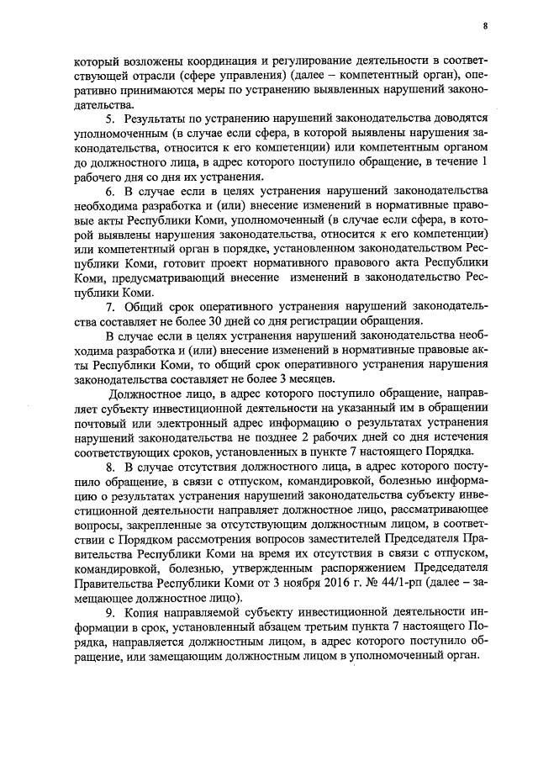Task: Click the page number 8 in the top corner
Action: (x=485, y=25)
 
